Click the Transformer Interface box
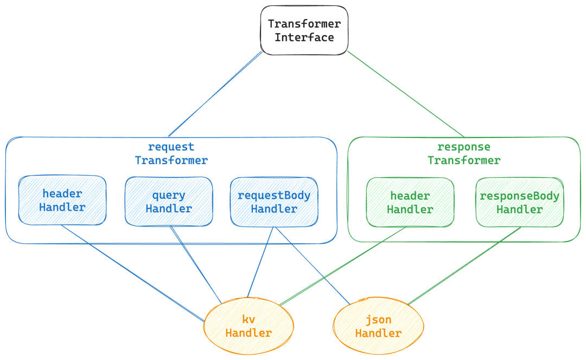coord(304,30)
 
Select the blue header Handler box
coord(62,200)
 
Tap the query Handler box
coord(169,201)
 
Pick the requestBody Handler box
coord(274,201)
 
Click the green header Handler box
coord(410,203)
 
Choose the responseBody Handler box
coord(519,203)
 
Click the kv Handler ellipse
coord(249,326)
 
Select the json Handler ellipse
coord(378,326)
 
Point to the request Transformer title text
coord(171,154)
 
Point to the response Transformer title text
coord(463,154)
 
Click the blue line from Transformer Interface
coord(216,94)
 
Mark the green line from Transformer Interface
coord(406,94)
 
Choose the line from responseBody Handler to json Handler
coord(464,266)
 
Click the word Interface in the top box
coord(304,37)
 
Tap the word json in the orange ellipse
coord(378,320)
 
